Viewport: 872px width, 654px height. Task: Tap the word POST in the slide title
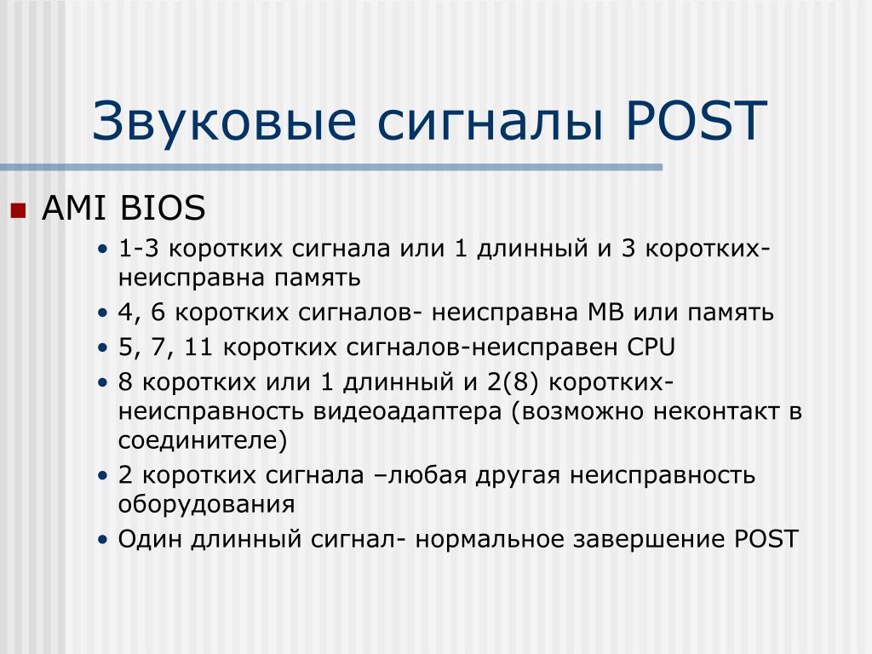click(x=697, y=120)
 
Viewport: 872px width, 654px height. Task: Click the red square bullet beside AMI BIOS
click(x=19, y=210)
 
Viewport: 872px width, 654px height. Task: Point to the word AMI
click(x=76, y=208)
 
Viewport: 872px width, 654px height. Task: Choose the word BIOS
click(x=163, y=208)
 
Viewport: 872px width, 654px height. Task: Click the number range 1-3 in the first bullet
click(x=139, y=248)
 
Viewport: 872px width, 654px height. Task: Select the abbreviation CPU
click(x=651, y=347)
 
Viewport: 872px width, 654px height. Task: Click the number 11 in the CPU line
click(x=198, y=347)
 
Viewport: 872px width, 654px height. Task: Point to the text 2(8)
click(x=513, y=382)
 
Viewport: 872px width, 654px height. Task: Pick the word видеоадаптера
click(x=407, y=412)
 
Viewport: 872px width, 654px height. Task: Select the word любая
click(x=427, y=475)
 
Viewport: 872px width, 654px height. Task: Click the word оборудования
click(x=206, y=505)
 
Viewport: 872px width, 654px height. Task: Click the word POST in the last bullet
click(x=766, y=539)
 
